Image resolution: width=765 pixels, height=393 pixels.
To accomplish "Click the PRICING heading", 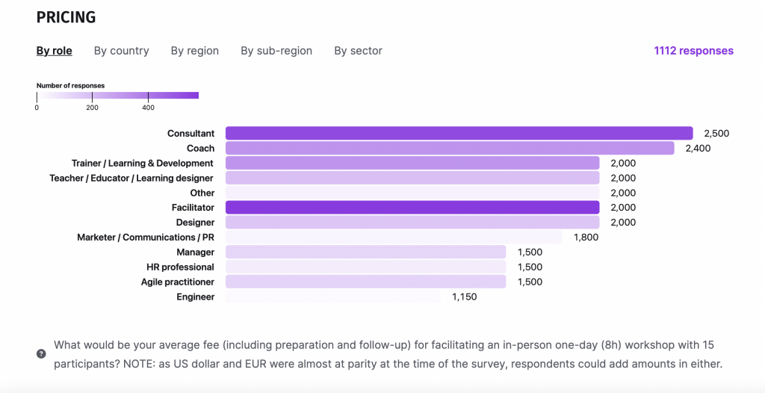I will point(66,17).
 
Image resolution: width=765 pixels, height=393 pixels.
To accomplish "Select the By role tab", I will point(55,51).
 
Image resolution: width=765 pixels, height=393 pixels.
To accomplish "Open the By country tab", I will point(121,51).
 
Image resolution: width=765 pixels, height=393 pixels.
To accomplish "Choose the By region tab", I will point(194,51).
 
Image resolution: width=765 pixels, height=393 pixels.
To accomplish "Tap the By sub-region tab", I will point(276,51).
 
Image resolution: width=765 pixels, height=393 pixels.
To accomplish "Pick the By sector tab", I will point(358,51).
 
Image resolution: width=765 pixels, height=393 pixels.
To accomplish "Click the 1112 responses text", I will point(693,51).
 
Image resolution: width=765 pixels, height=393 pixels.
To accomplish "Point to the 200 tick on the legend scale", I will point(92,108).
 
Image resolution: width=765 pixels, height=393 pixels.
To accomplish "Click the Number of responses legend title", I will point(70,86).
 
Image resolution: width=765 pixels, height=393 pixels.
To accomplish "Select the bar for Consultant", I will point(459,133).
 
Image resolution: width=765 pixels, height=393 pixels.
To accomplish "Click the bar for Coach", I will point(450,148).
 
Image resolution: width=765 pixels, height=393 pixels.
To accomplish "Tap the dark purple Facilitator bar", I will point(412,207).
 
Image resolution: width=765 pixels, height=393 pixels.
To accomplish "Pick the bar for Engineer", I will point(332,297).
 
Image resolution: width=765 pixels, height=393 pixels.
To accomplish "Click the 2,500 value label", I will point(716,133).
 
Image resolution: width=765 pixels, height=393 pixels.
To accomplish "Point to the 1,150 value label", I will point(464,297).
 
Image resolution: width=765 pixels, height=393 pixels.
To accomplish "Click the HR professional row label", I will point(180,267).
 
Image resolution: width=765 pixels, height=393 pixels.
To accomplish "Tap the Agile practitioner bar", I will point(365,282).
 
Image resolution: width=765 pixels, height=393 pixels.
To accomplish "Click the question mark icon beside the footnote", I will point(41,353).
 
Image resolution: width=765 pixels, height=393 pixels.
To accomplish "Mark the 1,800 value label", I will point(586,237).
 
